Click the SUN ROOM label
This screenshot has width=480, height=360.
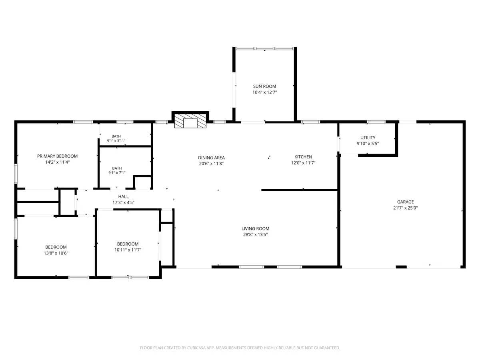(x=264, y=86)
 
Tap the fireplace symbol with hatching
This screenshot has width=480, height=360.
(x=190, y=121)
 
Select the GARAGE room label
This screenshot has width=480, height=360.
(x=405, y=202)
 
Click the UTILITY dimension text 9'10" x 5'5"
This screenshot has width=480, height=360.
(x=368, y=144)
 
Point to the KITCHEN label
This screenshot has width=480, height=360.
(x=303, y=157)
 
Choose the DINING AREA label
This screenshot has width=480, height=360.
(x=211, y=158)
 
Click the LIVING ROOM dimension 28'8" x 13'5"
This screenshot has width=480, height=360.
(x=255, y=234)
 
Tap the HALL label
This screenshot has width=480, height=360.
(x=123, y=196)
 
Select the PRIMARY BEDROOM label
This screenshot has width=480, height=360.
(x=57, y=156)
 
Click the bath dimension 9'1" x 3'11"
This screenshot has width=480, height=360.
(x=116, y=141)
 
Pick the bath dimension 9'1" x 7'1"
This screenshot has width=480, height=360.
(x=117, y=173)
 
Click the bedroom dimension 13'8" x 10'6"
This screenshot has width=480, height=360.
(x=56, y=253)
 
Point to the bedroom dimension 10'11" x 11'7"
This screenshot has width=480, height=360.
(x=128, y=250)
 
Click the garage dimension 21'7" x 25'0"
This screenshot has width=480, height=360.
(x=405, y=208)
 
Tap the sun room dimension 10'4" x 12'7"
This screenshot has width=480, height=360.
(x=264, y=92)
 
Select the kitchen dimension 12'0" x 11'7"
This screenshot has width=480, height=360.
(x=303, y=163)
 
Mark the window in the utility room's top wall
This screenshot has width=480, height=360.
(x=376, y=122)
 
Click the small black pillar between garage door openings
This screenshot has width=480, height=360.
(x=401, y=267)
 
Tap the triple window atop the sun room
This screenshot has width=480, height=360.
(x=264, y=48)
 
